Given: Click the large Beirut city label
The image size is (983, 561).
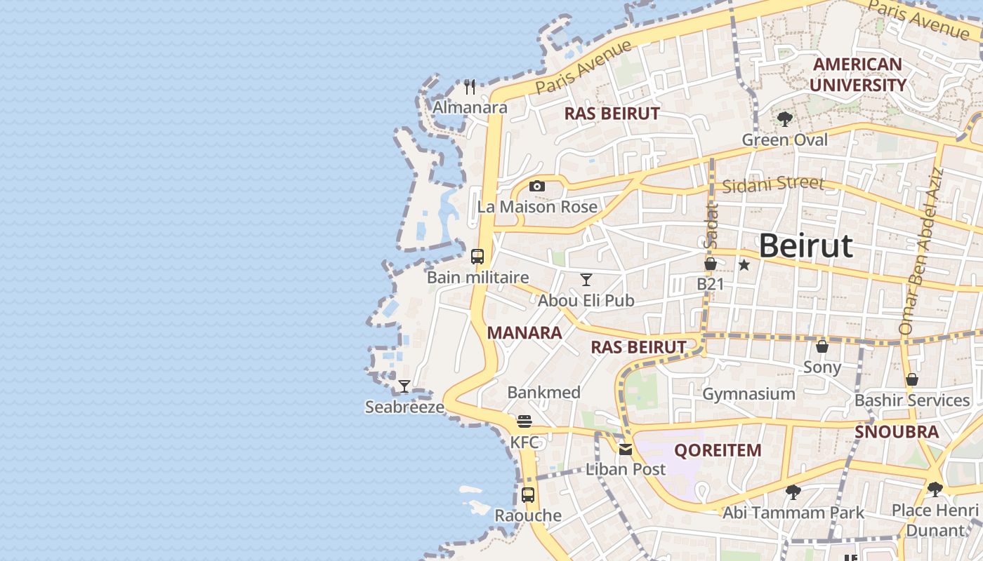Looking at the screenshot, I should tap(805, 246).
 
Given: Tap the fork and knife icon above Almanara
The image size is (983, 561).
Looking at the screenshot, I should tap(470, 87).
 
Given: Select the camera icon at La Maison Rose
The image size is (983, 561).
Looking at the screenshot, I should tap(537, 186).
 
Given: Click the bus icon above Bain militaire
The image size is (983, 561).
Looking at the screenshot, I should tap(477, 256).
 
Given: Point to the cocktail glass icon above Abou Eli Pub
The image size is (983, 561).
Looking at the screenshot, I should tap(586, 280).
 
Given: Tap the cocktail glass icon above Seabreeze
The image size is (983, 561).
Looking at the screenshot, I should tap(404, 386).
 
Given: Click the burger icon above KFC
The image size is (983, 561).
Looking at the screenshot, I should tap(525, 421).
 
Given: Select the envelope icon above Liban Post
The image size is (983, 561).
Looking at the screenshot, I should tap(626, 450).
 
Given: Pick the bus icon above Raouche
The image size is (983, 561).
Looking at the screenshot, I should tap(528, 494).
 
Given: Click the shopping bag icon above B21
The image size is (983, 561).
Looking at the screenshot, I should tap(711, 264).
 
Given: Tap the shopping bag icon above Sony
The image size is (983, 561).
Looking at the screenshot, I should tap(822, 346).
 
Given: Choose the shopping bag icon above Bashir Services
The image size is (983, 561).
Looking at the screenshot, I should tap(912, 379).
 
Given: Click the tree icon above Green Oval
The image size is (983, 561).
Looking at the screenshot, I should tap(785, 119).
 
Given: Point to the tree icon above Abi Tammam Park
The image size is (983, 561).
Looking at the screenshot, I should tap(793, 492).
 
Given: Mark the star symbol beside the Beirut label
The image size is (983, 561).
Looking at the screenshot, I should tap(744, 265).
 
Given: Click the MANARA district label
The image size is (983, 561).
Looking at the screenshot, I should tap(525, 333).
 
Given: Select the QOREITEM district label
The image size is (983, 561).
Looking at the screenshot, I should tap(717, 450).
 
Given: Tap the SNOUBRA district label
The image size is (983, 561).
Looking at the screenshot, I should tap(897, 432).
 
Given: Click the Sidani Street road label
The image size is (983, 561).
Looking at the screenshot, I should tap(772, 184).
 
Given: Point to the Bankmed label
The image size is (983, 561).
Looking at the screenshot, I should tap(543, 393).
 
